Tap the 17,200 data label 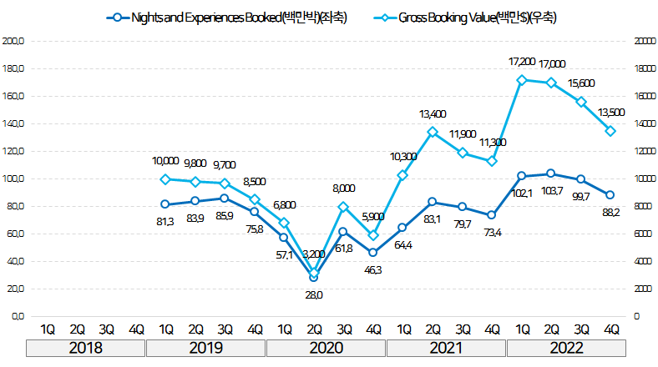(x=522, y=62)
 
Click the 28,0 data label (x=314, y=294)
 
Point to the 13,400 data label (x=433, y=113)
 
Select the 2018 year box (x=86, y=347)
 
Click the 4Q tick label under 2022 (x=610, y=328)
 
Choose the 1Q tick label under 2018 (x=47, y=328)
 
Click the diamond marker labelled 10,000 (x=165, y=179)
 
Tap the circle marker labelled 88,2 (x=610, y=194)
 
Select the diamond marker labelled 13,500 (x=610, y=131)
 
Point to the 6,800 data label (x=285, y=205)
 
